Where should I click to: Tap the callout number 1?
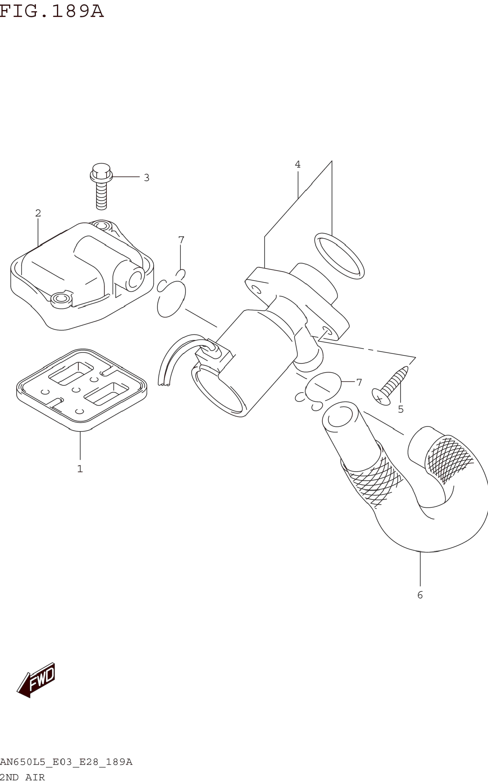point(80,469)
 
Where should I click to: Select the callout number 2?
point(38,213)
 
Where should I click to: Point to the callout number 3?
point(147,178)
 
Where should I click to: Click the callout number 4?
point(298,164)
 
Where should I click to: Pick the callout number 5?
point(401,409)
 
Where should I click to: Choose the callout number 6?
point(420,595)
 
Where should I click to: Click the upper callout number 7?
point(181,240)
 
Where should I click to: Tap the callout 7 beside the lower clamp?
point(359,382)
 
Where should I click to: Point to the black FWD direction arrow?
point(37,681)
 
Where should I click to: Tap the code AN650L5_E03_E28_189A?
point(66,762)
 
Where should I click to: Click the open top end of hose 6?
point(340,416)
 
